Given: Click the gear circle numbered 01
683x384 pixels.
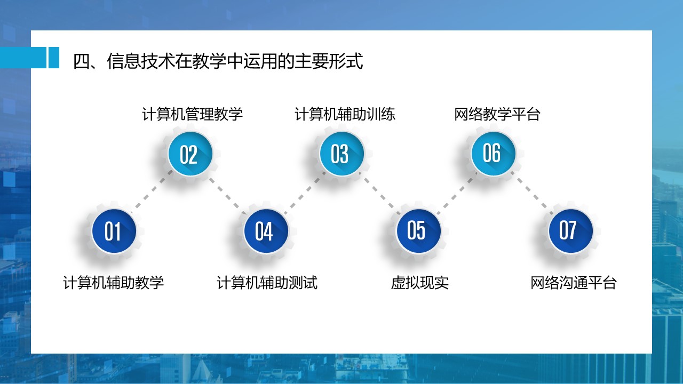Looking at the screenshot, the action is point(114,231).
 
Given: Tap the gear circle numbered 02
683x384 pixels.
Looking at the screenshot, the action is point(190,154).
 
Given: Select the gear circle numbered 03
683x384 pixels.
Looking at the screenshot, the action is point(341,154).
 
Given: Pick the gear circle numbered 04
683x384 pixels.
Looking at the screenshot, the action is point(266,231).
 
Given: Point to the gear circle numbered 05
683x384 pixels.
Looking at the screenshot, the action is point(418,231).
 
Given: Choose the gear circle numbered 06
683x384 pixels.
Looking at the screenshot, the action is point(493,154).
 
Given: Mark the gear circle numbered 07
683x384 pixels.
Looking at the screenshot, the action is point(570,231).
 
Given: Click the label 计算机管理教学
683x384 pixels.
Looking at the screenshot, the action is point(193,114).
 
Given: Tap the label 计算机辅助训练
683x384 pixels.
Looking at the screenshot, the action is point(345,114).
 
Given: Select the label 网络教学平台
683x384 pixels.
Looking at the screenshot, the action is point(497,114).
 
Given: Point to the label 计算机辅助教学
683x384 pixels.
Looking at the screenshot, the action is point(114,283).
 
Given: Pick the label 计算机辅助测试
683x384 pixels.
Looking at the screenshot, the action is point(267,283).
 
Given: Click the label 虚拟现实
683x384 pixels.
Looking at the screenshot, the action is point(420,283).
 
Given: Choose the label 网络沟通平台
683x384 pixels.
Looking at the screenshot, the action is point(574,283).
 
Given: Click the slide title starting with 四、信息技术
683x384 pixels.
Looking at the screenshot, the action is point(218,61).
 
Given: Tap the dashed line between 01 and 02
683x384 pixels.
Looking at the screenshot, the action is point(152,191).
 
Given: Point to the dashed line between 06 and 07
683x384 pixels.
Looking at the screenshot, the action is point(532,193).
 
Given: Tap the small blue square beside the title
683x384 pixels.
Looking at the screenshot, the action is point(54,58).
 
